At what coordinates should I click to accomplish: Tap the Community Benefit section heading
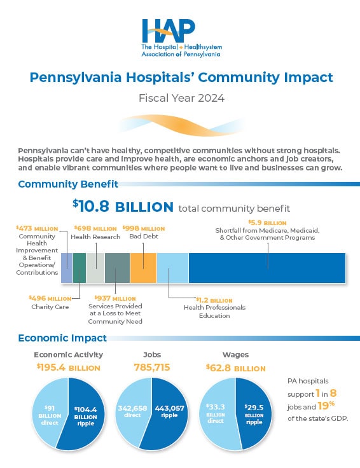(x=68, y=184)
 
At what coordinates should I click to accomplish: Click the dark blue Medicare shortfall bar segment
(x=267, y=268)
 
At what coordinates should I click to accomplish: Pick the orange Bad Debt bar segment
(x=143, y=268)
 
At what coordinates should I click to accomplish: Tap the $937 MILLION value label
(x=115, y=298)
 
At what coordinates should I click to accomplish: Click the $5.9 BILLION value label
(x=267, y=223)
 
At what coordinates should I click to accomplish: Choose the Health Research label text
(x=95, y=237)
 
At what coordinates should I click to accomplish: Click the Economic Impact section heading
(x=62, y=338)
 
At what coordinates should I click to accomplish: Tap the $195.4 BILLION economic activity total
(x=67, y=368)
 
